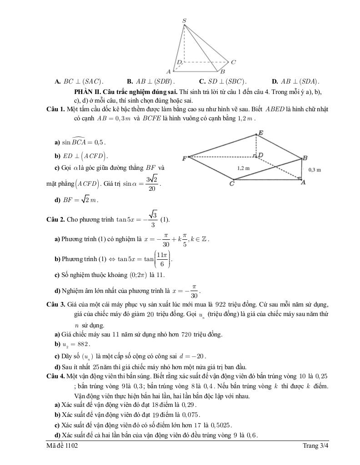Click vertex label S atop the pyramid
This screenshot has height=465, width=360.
click(184, 20)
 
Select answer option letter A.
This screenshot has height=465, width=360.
click(58, 82)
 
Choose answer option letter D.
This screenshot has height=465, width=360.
click(275, 82)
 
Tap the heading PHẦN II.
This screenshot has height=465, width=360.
click(80, 92)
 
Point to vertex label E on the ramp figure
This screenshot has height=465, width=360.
click(260, 133)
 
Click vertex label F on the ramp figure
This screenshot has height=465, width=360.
click(184, 158)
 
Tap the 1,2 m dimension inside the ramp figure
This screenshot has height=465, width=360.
click(244, 168)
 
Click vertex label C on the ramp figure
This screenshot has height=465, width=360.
click(231, 184)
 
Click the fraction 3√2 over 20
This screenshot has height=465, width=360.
click(152, 183)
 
